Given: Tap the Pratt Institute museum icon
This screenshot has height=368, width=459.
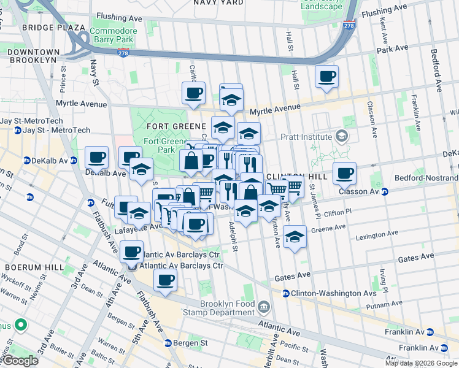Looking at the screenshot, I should point(342,137).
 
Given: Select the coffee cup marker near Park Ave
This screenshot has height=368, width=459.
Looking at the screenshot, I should point(326,77).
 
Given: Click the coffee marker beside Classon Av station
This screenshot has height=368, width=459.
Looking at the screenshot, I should point(344,174).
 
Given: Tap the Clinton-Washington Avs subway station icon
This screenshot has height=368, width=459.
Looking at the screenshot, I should point(285,294).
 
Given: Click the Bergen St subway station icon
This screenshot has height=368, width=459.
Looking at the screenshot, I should point(168,343).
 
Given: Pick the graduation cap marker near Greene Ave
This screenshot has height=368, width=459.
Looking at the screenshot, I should point(295,238).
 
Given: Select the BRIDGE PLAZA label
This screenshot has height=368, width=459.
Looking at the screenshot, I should point(53,28).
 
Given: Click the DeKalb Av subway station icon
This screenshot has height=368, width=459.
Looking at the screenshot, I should point(27,161).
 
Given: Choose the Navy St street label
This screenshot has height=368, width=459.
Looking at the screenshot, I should point(94,72).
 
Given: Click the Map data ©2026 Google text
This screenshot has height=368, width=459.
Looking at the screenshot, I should point(421,363).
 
